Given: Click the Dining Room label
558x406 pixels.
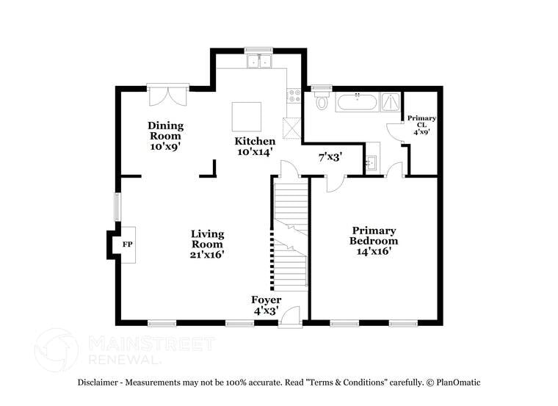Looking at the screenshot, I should pos(165,136).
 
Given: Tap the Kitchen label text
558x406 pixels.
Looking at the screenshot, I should pos(255,146).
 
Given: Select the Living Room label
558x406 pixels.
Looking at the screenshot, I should pos(208,244).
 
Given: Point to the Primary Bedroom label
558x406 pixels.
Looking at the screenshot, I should pos(374,240).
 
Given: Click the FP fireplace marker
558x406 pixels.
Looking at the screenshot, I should pos(127,244).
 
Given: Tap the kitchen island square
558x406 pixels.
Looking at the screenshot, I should pos(247,115).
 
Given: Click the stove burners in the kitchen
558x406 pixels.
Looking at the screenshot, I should pos(293,95).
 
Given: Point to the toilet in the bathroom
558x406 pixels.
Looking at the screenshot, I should pos(322,102).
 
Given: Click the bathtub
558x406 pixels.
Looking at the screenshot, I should pos(357,102).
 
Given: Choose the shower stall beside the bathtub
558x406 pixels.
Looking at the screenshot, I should pos(391,102).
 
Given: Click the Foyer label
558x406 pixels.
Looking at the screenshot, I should pos(267,305).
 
